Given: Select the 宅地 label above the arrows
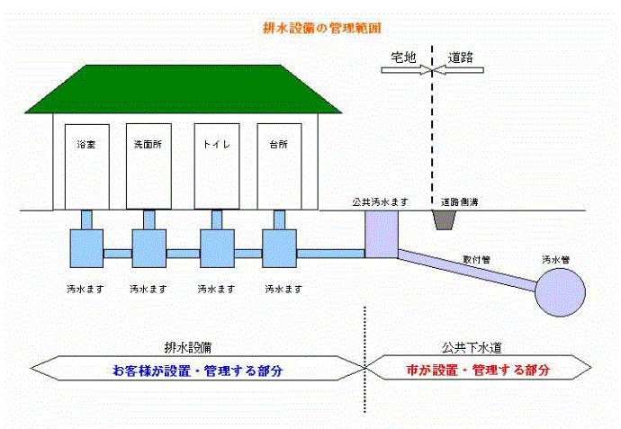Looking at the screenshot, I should (x=402, y=56).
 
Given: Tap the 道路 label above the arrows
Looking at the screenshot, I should (x=461, y=56).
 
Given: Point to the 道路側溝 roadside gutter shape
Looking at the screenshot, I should (x=446, y=219).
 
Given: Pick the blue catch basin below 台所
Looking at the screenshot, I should (x=279, y=247).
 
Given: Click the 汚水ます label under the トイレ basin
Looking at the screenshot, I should (x=217, y=290).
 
